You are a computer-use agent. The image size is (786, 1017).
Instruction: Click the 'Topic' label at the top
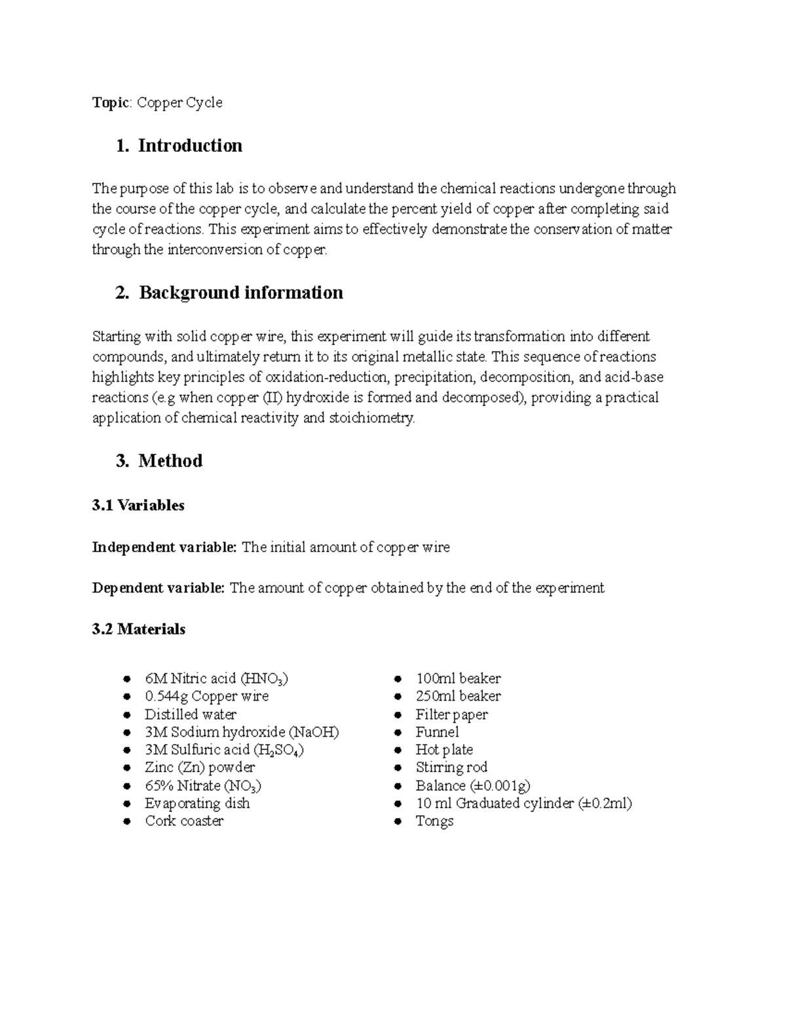click(111, 103)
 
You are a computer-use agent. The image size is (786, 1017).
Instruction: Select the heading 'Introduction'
click(190, 145)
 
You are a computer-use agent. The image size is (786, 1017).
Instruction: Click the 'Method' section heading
click(170, 461)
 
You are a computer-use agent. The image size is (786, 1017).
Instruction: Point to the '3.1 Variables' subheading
click(138, 506)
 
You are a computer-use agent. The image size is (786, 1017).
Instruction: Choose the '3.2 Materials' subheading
click(139, 629)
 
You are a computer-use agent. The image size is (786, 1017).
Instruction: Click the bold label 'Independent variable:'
click(164, 547)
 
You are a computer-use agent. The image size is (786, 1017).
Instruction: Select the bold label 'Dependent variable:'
click(158, 588)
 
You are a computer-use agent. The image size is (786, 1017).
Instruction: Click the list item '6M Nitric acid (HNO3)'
click(216, 679)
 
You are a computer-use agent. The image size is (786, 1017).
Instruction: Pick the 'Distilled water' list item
click(191, 714)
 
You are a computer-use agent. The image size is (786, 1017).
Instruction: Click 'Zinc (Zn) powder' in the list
click(200, 767)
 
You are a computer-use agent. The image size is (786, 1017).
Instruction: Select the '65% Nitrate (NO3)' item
click(203, 786)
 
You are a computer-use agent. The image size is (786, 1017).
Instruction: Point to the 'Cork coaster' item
click(184, 821)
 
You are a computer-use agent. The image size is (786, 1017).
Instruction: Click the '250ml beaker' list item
click(458, 696)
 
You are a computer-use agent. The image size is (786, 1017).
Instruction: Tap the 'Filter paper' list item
click(451, 714)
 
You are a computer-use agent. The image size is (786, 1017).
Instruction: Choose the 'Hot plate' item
click(444, 750)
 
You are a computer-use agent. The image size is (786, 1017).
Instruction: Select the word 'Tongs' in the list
click(434, 821)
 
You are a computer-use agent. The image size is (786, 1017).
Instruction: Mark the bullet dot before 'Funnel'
click(397, 733)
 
